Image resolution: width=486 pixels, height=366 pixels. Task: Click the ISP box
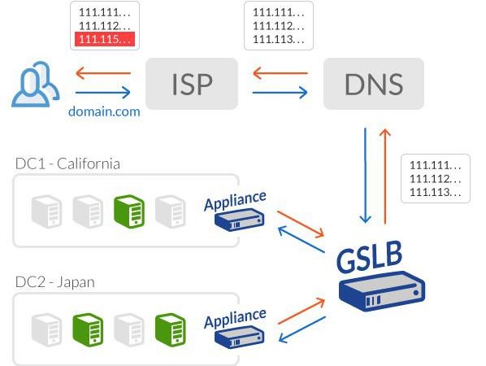pyautogui.click(x=192, y=84)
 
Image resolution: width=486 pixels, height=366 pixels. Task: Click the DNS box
pyautogui.click(x=374, y=84)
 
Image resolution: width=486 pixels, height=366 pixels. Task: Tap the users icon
pyautogui.click(x=35, y=85)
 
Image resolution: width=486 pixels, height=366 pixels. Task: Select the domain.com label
pyautogui.click(x=104, y=111)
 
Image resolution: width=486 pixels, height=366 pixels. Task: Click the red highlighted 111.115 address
pyautogui.click(x=105, y=39)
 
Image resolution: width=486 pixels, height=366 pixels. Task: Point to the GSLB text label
pyautogui.click(x=370, y=257)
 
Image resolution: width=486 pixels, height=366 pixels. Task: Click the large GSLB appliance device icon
pyautogui.click(x=382, y=291)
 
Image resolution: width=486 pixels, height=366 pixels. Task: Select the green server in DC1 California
pyautogui.click(x=129, y=211)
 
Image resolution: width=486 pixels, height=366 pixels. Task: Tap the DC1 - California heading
pyautogui.click(x=67, y=163)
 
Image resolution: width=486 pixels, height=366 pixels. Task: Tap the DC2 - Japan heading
pyautogui.click(x=55, y=282)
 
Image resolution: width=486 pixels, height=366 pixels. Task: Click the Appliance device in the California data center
pyautogui.click(x=239, y=220)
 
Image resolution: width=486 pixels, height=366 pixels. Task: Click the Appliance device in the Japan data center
pyautogui.click(x=239, y=338)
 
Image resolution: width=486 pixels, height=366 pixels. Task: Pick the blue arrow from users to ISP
pyautogui.click(x=103, y=93)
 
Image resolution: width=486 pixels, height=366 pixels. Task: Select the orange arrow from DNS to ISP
pyautogui.click(x=280, y=73)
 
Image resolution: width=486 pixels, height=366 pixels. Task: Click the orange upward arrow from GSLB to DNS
pyautogui.click(x=385, y=176)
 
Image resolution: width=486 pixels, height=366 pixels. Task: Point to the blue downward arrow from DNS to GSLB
pyautogui.click(x=366, y=176)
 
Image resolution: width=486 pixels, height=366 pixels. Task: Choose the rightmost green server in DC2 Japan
pyautogui.click(x=170, y=329)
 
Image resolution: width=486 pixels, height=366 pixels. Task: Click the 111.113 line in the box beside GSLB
pyautogui.click(x=435, y=192)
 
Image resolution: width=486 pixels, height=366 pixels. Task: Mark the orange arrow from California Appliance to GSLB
pyautogui.click(x=301, y=224)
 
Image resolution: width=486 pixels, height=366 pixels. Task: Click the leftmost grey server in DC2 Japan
pyautogui.click(x=46, y=329)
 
